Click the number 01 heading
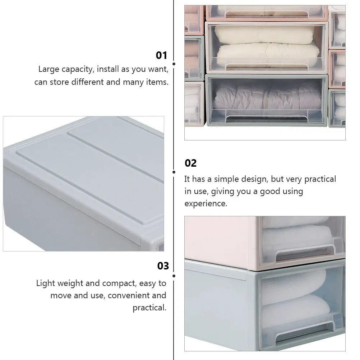coord(161,55)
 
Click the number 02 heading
coord(190,163)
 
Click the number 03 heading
coord(163,266)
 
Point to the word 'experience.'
coord(206,204)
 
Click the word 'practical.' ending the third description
coord(149,308)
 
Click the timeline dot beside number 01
coord(174,64)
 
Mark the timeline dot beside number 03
coord(174,276)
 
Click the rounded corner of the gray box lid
coord(11,151)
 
